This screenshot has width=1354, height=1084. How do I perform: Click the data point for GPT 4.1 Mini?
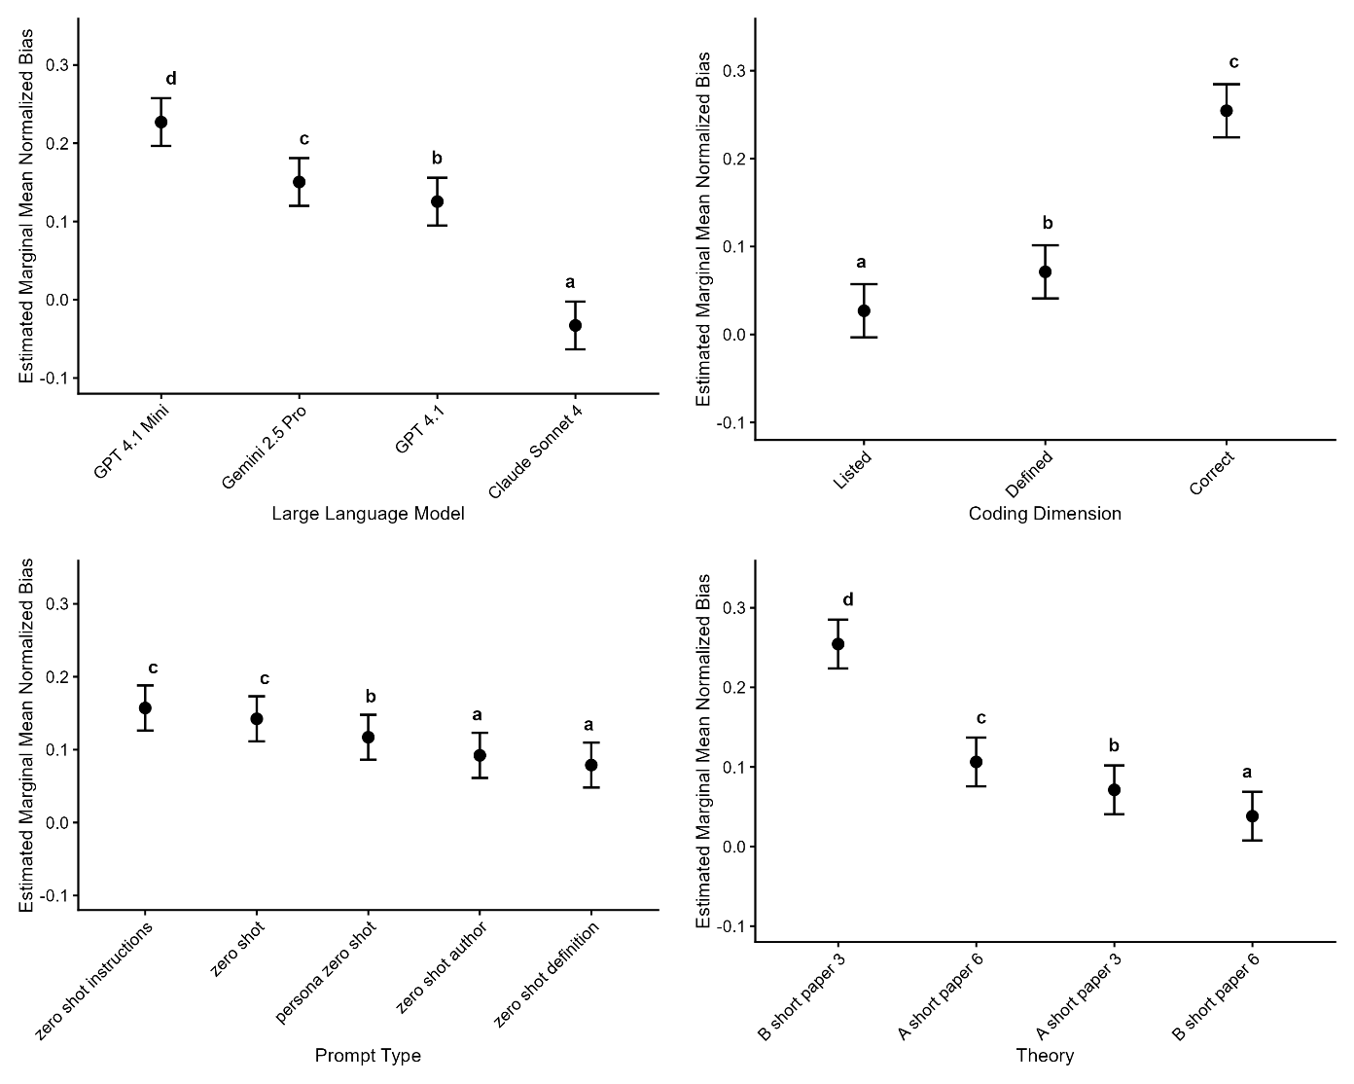161,123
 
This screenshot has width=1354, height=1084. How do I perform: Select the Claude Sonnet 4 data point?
575,325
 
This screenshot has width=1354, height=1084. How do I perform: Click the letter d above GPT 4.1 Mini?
171,79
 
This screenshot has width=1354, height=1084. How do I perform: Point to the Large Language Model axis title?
368,514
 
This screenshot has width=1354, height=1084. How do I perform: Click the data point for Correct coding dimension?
1227,111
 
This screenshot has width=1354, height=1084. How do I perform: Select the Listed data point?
864,310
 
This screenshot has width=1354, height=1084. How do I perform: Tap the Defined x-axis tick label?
1029,473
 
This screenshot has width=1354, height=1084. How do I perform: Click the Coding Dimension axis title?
1045,514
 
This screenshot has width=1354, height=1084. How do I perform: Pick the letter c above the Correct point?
1234,62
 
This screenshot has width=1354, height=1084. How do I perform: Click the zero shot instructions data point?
145,707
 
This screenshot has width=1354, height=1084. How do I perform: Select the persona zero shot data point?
369,737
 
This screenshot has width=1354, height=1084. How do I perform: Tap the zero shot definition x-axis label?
547,973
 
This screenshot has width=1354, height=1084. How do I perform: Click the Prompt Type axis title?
368,1056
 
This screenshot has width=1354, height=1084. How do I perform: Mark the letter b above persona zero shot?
371,697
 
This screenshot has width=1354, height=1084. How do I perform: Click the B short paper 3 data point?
838,644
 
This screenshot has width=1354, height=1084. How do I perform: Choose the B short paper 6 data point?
1252,815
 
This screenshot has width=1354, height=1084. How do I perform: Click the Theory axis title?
1045,1056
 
